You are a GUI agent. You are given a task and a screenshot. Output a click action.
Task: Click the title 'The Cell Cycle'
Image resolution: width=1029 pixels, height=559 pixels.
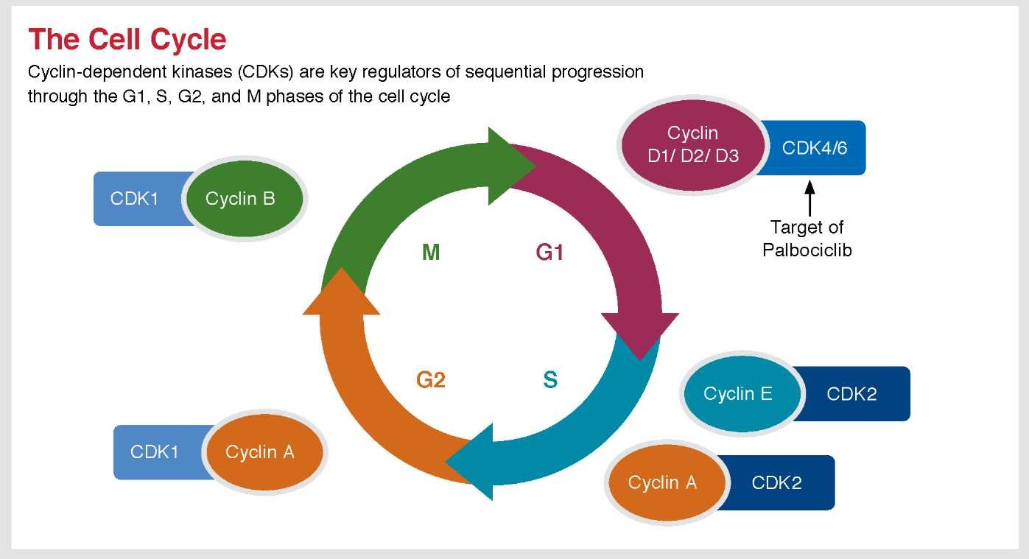(x=127, y=39)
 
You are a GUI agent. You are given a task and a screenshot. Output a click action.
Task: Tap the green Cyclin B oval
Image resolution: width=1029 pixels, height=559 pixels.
(x=242, y=199)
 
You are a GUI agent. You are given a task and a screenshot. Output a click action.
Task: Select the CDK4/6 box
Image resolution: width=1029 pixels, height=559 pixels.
(x=815, y=148)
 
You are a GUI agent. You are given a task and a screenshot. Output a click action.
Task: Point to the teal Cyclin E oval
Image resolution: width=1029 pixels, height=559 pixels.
(x=738, y=394)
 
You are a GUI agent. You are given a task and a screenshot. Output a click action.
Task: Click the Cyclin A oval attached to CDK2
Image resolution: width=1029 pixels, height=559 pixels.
(x=662, y=483)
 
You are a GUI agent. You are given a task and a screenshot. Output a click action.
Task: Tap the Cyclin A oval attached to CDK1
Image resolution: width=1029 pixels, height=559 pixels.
(x=261, y=452)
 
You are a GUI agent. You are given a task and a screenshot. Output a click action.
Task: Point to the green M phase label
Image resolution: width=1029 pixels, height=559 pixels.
(x=431, y=253)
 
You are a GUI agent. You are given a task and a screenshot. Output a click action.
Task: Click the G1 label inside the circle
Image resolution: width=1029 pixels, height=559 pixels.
(x=549, y=253)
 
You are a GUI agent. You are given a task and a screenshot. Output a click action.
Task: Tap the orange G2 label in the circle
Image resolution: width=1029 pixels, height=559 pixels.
(x=431, y=380)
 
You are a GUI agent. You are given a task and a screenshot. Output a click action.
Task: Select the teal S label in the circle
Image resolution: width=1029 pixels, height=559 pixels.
(x=550, y=380)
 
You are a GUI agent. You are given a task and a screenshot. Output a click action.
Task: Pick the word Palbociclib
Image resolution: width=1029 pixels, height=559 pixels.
(x=807, y=250)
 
